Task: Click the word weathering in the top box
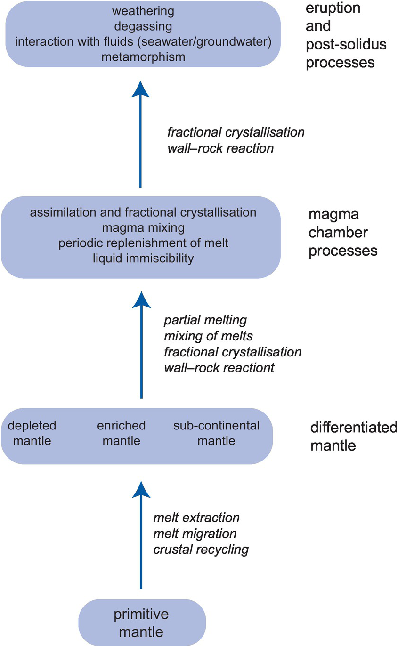point(143,12)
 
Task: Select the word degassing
point(143,27)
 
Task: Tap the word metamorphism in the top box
point(143,57)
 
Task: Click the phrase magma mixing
point(143,228)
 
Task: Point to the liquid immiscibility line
point(143,258)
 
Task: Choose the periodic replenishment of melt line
point(143,243)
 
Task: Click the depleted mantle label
point(32,433)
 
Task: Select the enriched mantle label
point(122,433)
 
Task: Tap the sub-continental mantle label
point(216,433)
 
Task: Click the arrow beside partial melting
point(141,345)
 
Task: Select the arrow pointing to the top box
point(141,134)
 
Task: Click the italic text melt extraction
point(196,518)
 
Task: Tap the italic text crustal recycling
point(201,550)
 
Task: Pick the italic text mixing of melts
point(208,336)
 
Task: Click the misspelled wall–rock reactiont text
point(219,368)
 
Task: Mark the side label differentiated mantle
point(354,437)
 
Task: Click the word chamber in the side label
point(338,233)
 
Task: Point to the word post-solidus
point(346,45)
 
